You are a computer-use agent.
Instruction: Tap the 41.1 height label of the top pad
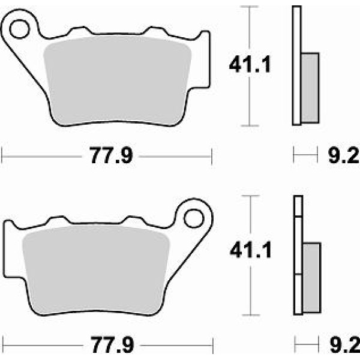(x=250, y=65)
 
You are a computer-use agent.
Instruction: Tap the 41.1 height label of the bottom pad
(x=251, y=250)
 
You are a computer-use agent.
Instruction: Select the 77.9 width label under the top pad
(x=111, y=155)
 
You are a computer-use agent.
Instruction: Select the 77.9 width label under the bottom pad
(x=112, y=345)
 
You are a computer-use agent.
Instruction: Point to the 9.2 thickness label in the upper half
(x=344, y=155)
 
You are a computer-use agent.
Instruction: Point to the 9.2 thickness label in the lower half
(x=345, y=344)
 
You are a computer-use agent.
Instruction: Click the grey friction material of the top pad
(x=118, y=80)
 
